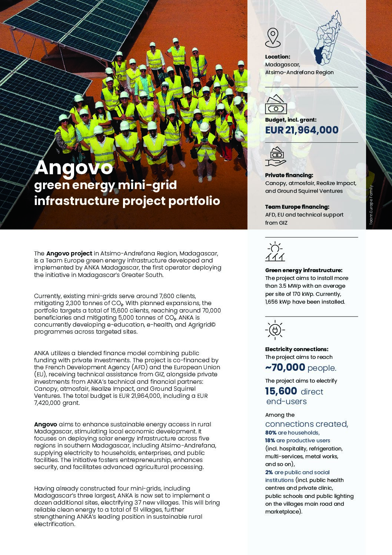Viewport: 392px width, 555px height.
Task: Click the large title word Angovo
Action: [x=73, y=168]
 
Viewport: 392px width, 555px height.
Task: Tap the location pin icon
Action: [x=273, y=37]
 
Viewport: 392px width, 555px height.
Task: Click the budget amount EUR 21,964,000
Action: [x=302, y=130]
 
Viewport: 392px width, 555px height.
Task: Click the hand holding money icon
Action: [x=276, y=156]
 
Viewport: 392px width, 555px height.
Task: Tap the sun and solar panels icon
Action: [x=275, y=252]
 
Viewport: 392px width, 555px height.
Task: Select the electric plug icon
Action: [x=275, y=330]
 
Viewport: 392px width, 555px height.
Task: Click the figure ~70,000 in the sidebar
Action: [x=285, y=367]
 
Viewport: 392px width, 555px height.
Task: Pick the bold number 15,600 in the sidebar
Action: [x=281, y=391]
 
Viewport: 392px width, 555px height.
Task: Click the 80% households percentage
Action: [x=270, y=433]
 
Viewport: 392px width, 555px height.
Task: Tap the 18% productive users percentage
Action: [x=270, y=440]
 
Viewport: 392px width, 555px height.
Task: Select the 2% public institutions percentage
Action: [x=269, y=472]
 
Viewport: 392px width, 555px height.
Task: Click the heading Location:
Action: [x=278, y=57]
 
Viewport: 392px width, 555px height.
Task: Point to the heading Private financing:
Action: [x=289, y=175]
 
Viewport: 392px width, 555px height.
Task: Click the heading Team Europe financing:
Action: [x=297, y=207]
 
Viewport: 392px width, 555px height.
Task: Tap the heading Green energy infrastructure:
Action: [x=303, y=270]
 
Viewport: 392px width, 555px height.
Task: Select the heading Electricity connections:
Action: [x=296, y=349]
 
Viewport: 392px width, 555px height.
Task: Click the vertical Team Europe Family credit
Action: [x=371, y=205]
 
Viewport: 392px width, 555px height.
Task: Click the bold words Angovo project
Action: [x=69, y=254]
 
